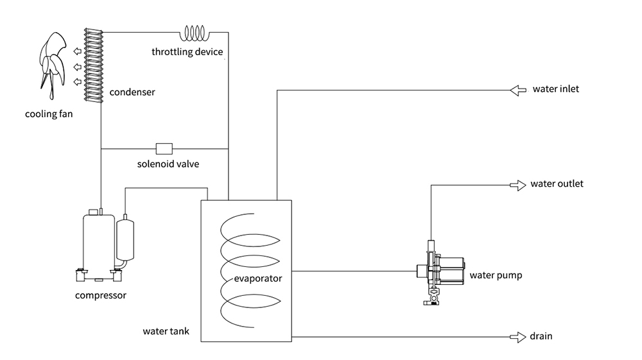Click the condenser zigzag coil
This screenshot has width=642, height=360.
pyautogui.click(x=94, y=64)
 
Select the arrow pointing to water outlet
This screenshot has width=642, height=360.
pyautogui.click(x=517, y=185)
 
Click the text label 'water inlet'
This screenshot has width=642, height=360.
pyautogui.click(x=556, y=89)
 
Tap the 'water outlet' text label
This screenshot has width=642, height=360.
pyautogui.click(x=557, y=184)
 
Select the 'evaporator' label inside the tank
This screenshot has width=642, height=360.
pyautogui.click(x=259, y=279)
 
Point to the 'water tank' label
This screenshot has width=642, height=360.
pyautogui.click(x=166, y=332)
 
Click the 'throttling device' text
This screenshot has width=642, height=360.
pyautogui.click(x=187, y=52)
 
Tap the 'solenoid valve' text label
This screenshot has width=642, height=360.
pyautogui.click(x=168, y=164)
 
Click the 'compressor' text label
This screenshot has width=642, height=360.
pyautogui.click(x=101, y=296)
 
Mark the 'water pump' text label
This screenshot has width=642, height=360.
pyautogui.click(x=496, y=276)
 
